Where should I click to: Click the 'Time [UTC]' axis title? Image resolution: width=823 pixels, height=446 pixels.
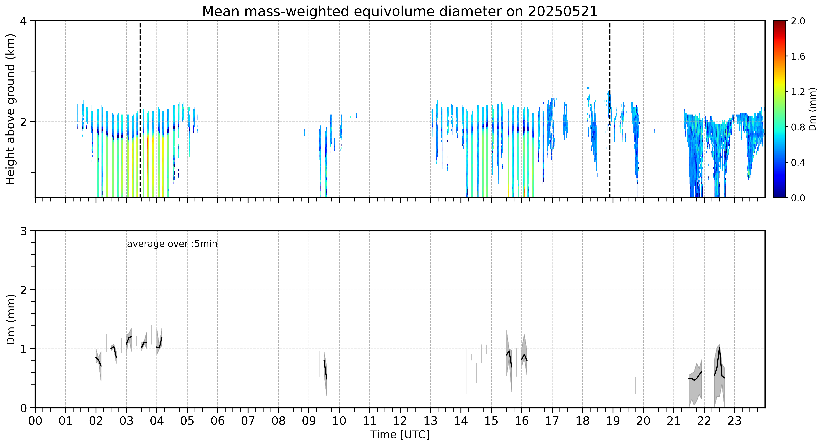coord(400,435)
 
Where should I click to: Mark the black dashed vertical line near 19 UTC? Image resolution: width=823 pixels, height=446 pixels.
coord(610,109)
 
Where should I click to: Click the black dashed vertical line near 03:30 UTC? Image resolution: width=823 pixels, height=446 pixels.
coord(140,109)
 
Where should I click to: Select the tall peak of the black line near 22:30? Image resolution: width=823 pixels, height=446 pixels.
coord(719,348)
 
